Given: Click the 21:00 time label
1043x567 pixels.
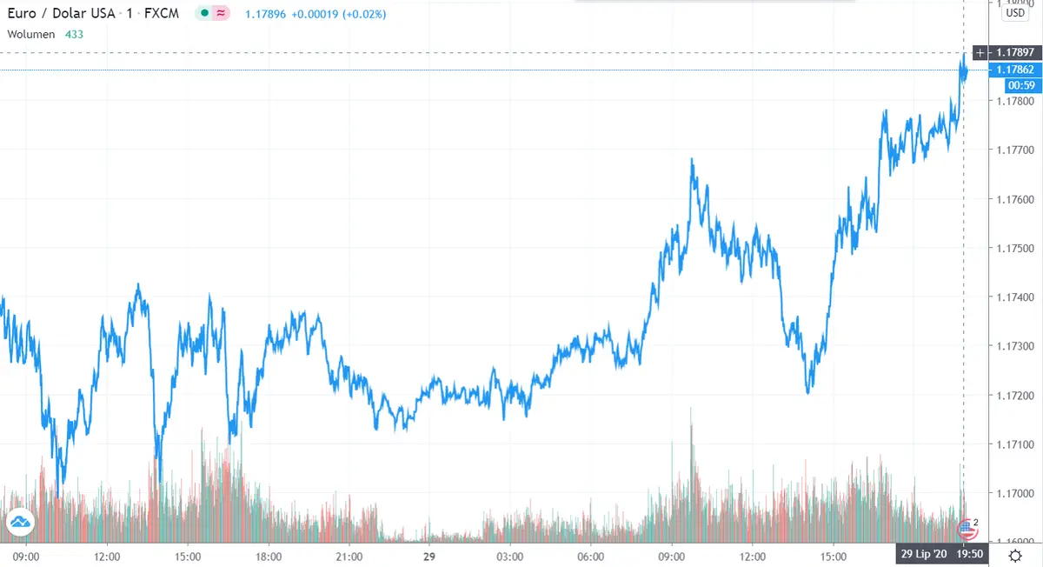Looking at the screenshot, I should [x=349, y=555].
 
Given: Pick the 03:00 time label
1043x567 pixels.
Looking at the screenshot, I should [x=509, y=555].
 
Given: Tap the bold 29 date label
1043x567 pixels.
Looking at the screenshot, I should [x=428, y=555].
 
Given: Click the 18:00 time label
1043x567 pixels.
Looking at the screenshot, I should [x=268, y=555].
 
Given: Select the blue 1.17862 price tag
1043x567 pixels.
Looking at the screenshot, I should [x=1015, y=70].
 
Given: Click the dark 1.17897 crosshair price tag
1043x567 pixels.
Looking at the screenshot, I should [x=1015, y=53].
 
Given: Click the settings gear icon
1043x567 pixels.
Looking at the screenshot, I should [x=1015, y=555].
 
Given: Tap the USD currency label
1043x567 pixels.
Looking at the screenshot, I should [x=1015, y=13].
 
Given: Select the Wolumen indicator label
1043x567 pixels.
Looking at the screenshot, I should [x=31, y=34].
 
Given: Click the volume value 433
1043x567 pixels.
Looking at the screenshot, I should [x=75, y=34].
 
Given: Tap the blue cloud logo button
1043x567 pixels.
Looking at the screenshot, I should [x=20, y=522].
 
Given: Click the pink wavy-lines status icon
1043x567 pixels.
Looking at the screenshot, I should [x=222, y=15].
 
